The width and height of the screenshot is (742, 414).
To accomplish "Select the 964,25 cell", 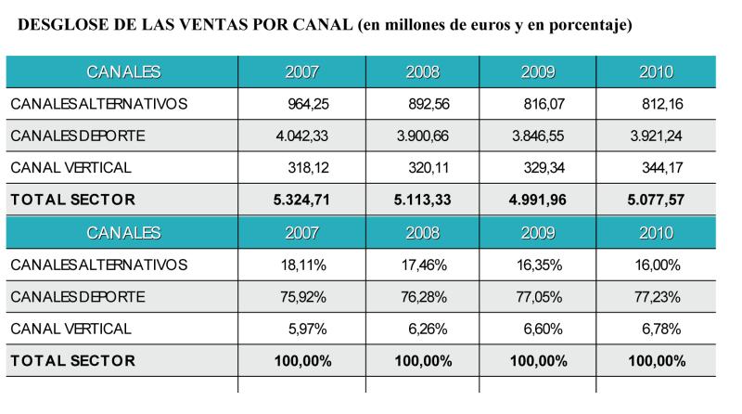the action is (308, 104).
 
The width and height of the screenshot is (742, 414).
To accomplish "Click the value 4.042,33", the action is (302, 136).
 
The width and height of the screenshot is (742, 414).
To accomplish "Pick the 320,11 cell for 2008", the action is (429, 168).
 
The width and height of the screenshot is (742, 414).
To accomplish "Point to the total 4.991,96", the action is (538, 200).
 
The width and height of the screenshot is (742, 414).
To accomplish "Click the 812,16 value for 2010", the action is (662, 104).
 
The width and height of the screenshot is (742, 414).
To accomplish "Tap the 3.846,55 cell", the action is (538, 136).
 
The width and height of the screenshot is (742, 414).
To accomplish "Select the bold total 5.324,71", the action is (301, 200).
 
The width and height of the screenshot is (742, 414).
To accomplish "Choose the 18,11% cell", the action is (303, 265).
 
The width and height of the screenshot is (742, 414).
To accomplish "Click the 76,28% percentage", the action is (424, 297).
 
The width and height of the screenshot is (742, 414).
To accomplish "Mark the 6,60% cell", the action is (543, 329).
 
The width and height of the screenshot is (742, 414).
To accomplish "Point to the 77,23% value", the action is (658, 297).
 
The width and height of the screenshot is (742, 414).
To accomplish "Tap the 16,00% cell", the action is (658, 265).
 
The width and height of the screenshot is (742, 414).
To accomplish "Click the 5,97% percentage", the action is (308, 329).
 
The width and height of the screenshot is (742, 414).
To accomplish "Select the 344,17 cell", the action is (662, 168).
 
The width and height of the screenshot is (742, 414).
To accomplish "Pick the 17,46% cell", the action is (424, 265).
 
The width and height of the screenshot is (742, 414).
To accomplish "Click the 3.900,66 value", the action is (423, 136).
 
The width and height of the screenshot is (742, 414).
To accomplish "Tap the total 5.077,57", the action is (656, 200).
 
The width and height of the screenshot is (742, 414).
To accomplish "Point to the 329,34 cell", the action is (544, 168).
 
